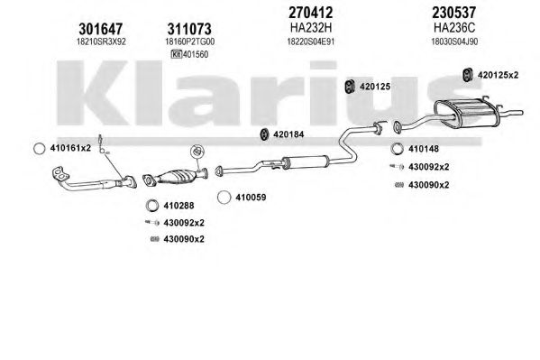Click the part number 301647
101,29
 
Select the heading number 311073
189,29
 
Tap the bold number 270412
311,13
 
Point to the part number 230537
453,13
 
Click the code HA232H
311,27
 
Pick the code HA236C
453,27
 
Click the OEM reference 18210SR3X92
101,42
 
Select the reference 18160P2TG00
189,42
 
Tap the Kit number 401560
196,54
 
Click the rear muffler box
466,113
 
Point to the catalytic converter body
178,177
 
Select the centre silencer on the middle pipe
305,162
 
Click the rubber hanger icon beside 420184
264,134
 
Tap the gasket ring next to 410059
224,198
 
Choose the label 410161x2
70,148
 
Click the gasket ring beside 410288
151,206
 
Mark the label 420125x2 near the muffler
498,75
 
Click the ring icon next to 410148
398,149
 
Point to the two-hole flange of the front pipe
60,173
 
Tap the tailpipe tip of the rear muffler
519,113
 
